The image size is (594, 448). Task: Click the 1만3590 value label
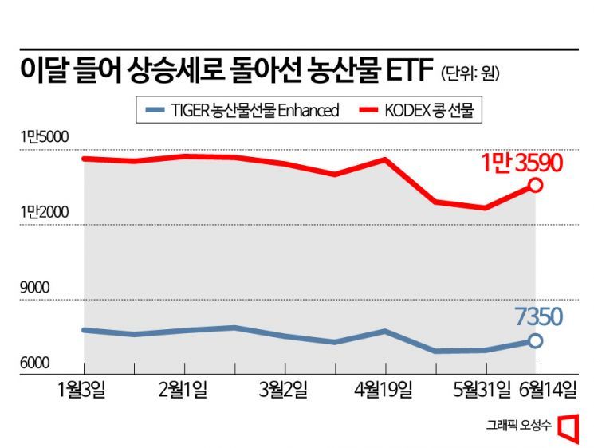[x=522, y=163]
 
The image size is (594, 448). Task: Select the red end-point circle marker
[x=536, y=185]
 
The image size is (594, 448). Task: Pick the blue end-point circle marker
[x=536, y=340]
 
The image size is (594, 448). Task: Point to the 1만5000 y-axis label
[x=45, y=137]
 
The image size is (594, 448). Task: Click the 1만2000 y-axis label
[x=45, y=212]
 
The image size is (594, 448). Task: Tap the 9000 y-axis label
[x=34, y=288]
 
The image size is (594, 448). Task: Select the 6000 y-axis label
[x=34, y=364]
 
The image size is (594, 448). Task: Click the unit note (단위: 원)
[x=470, y=75]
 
